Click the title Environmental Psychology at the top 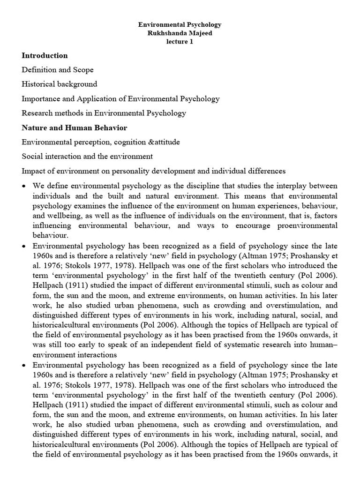pos(180,24)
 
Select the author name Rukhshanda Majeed pos(180,33)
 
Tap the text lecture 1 pos(180,41)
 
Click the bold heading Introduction pos(45,55)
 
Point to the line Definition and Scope pos(58,70)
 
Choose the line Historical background pos(60,84)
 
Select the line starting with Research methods pos(104,113)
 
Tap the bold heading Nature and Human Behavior pos(74,127)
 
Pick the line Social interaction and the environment pos(87,156)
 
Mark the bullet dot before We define pos(24,186)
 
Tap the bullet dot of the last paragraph pos(24,365)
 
